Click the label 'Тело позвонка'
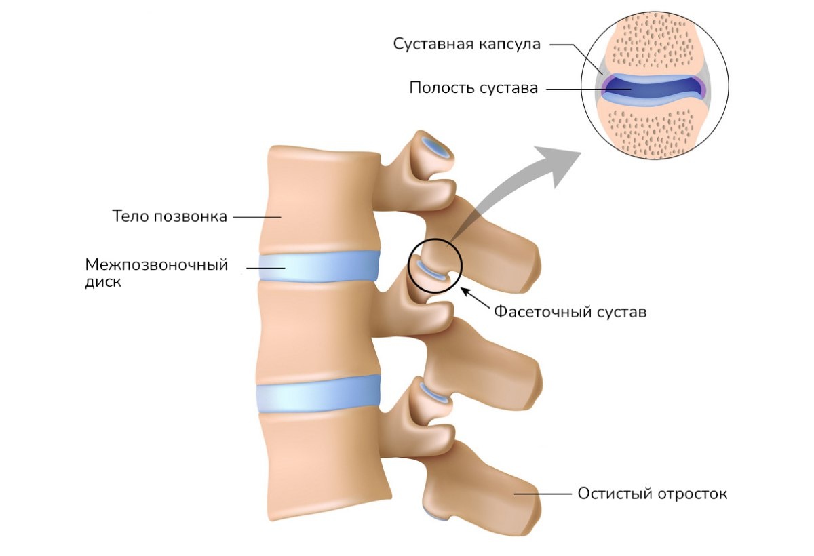tap(169, 217)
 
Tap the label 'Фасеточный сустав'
tap(570, 312)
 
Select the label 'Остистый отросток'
tap(652, 494)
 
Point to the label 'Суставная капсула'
tap(467, 45)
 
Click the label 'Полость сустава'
tap(473, 88)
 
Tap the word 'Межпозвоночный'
tap(156, 264)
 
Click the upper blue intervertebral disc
tap(319, 266)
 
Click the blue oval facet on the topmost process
tap(435, 147)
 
